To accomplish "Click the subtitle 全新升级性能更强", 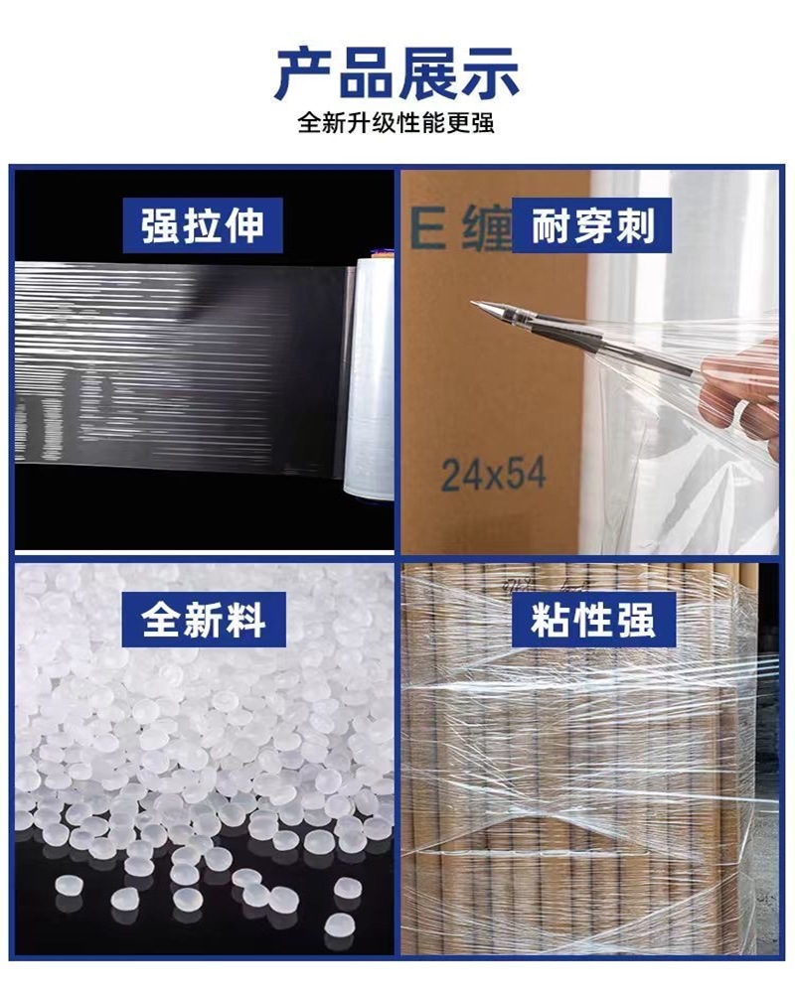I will [397, 124].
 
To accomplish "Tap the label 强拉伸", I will [203, 224].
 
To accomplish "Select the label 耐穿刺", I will [593, 224].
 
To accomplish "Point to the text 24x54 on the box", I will [493, 475].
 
